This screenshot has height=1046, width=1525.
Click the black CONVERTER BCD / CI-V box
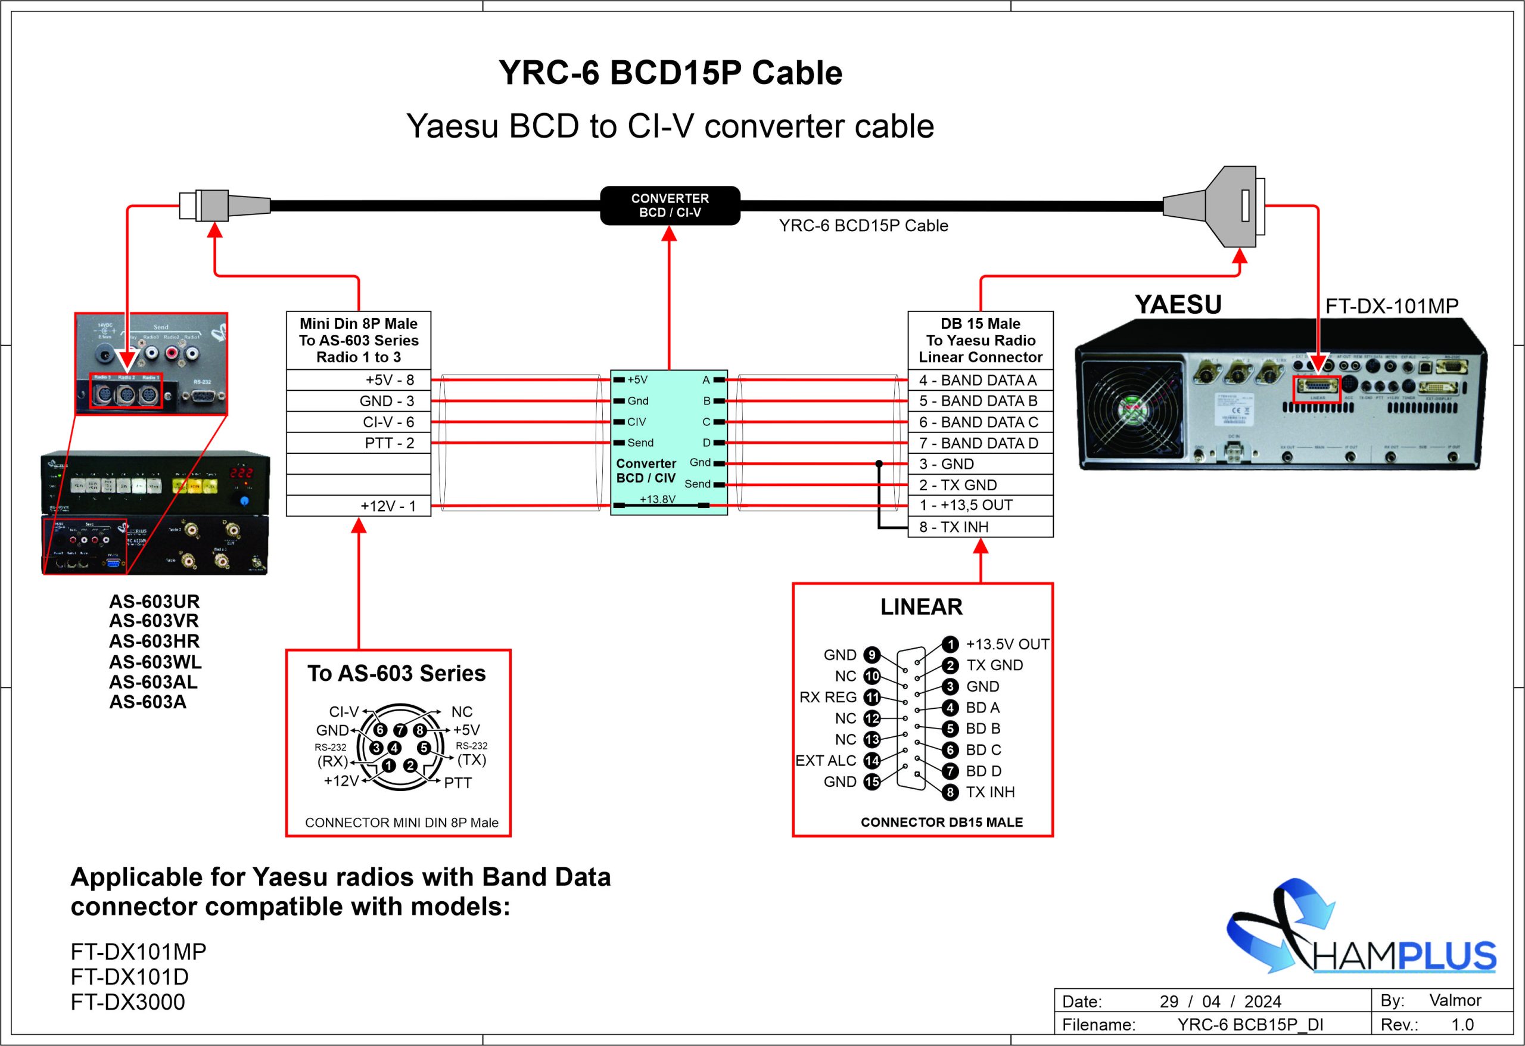click(x=670, y=206)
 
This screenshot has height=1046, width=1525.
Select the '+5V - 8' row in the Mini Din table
click(x=358, y=380)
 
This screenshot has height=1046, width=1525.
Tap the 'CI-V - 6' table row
click(x=358, y=422)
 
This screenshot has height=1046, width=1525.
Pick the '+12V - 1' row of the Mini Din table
click(x=358, y=506)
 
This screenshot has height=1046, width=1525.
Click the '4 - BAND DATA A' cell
click(x=980, y=380)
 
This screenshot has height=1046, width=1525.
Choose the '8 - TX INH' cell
click(x=980, y=527)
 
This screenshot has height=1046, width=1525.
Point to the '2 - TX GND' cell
click(x=980, y=485)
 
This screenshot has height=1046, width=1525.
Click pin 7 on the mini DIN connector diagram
click(x=400, y=730)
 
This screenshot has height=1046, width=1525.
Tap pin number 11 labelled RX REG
click(x=872, y=697)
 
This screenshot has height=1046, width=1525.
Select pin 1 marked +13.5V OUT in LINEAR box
click(x=950, y=645)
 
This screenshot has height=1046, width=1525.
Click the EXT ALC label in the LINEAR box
click(x=826, y=761)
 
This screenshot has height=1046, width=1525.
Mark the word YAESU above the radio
click(x=1178, y=304)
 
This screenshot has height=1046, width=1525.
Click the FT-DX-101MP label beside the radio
click(x=1391, y=306)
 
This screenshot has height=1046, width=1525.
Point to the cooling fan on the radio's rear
click(x=1132, y=412)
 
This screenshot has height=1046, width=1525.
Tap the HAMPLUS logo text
click(x=1404, y=956)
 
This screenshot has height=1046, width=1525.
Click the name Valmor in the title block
click(x=1455, y=1000)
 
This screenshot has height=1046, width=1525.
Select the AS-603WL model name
click(x=155, y=661)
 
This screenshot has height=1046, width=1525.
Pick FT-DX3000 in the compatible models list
click(x=128, y=1002)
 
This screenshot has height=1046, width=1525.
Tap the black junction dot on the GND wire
click(x=879, y=464)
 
